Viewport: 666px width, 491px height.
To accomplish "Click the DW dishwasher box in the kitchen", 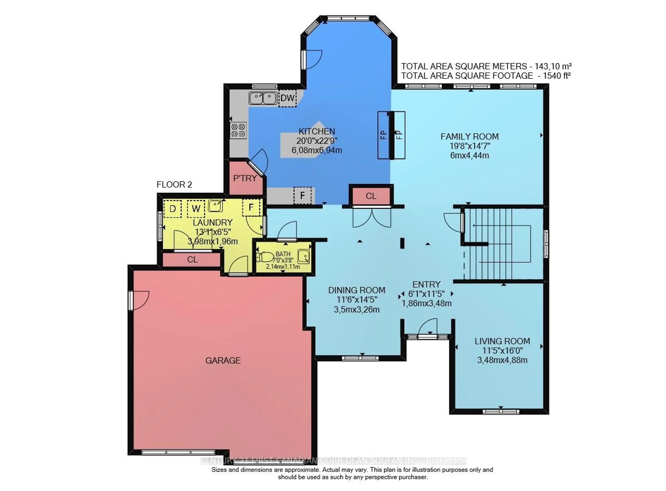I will (287, 98).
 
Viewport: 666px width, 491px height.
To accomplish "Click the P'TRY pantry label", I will (245, 178).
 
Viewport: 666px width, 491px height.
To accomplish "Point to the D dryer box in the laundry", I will (173, 209).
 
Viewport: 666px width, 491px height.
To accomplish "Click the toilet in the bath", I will (265, 257).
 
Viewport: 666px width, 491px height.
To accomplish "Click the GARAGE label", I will (223, 360).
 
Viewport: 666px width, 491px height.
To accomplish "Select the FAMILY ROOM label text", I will (469, 137).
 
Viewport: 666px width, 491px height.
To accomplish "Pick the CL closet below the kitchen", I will (371, 196).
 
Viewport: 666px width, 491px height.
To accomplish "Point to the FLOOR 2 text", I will (174, 184).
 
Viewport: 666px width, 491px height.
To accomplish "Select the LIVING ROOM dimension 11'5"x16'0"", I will (502, 351).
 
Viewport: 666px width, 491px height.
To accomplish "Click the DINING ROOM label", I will (357, 290).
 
